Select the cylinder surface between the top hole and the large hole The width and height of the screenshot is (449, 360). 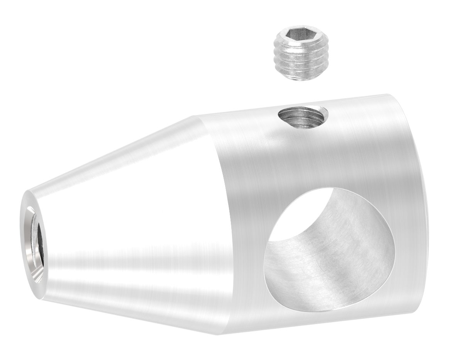tap(309, 158)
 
